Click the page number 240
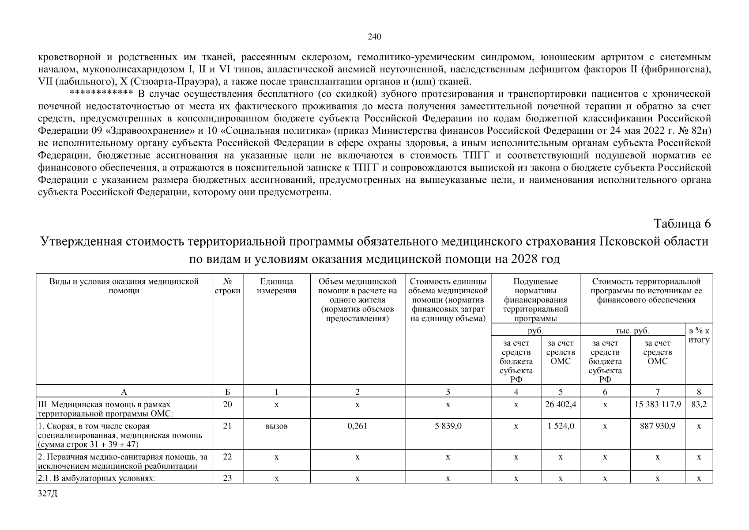click(x=374, y=37)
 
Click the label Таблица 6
click(x=682, y=223)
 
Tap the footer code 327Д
click(x=48, y=494)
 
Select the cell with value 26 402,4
click(x=560, y=405)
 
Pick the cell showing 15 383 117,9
click(x=657, y=405)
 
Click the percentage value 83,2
click(x=699, y=405)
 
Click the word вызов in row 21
click(x=276, y=426)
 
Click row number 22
click(x=227, y=457)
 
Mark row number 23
click(x=227, y=478)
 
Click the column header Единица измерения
click(x=276, y=286)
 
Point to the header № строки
click(x=227, y=286)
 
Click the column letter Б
click(x=227, y=391)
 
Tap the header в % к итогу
click(x=699, y=335)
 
